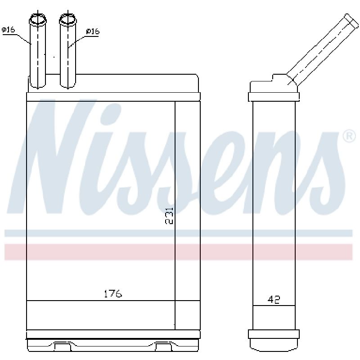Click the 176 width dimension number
click(x=113, y=294)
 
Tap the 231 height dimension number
click(x=169, y=216)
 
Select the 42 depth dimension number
click(x=274, y=300)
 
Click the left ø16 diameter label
click(x=8, y=30)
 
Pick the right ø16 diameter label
click(x=93, y=31)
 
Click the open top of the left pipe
click(x=38, y=19)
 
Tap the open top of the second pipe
click(x=68, y=19)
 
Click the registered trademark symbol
click(x=349, y=136)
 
